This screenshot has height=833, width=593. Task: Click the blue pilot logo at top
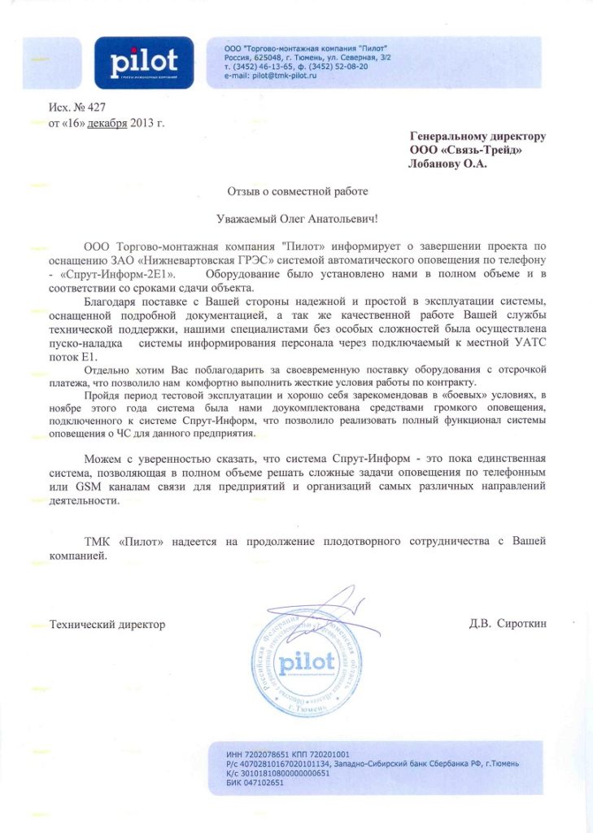coord(143,63)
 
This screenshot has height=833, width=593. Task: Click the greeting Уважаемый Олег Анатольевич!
coord(298,219)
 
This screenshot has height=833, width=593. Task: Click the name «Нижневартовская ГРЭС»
coord(200,259)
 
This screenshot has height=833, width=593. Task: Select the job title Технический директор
coord(107,624)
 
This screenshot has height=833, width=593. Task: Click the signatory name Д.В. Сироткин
coord(508,624)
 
